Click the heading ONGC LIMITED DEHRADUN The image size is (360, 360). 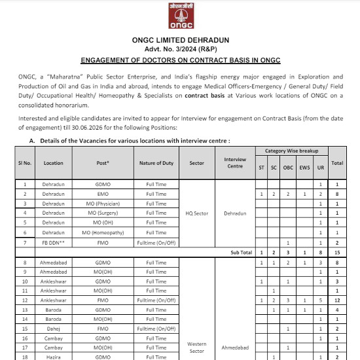179,41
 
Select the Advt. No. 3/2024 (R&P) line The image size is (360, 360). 179,50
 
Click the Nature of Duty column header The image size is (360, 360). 156,162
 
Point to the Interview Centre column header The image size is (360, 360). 234,162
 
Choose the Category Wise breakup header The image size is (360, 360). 291,151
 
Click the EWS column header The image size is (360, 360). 304,167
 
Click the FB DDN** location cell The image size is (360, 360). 54,242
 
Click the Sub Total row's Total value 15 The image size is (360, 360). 337,252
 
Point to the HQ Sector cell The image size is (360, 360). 196,213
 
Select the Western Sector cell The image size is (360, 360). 196,346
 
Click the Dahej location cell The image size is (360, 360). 54,329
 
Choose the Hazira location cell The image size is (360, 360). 54,357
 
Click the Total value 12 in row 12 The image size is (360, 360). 337,300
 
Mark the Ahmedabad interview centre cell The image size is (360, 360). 234,348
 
